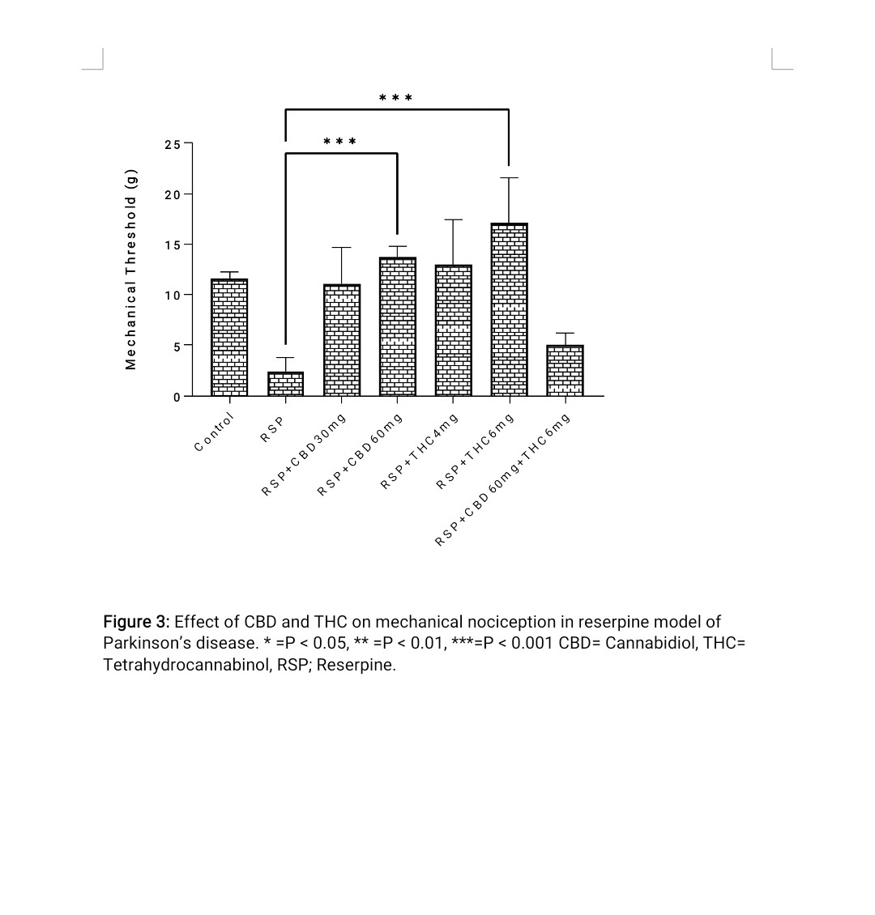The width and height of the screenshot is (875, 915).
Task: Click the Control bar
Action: (229, 338)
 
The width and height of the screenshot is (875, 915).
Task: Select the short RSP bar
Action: (285, 384)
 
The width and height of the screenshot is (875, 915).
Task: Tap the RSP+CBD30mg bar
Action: (342, 340)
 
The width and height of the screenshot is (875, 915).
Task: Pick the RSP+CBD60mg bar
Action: (397, 327)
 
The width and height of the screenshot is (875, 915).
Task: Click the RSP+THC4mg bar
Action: (453, 330)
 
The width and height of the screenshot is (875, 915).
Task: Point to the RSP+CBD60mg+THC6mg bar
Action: (565, 371)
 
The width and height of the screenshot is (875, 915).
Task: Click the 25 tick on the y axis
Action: (172, 145)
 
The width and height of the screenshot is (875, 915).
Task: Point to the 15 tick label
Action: (172, 245)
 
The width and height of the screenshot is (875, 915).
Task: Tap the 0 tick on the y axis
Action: (176, 396)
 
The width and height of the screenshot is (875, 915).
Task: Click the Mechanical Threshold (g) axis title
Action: (131, 270)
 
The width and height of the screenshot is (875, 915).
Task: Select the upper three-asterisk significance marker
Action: (396, 99)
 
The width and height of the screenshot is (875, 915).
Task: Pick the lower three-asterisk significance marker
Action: (339, 143)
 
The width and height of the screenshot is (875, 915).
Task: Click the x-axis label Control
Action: (215, 432)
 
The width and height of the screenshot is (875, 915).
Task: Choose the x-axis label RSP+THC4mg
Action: (420, 451)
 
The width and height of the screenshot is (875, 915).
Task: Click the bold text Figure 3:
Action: (136, 622)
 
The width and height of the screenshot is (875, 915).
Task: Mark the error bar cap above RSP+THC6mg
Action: (509, 178)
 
